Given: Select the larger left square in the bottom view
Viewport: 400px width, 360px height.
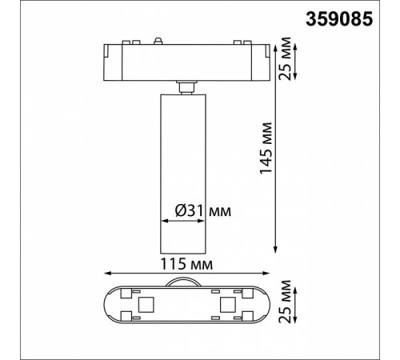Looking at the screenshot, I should [146, 305].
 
